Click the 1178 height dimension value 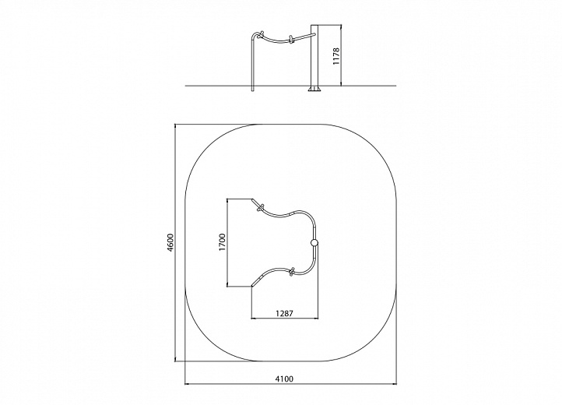(335, 56)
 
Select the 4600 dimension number (170, 242)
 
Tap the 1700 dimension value (223, 242)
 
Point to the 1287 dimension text (285, 314)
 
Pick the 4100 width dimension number (284, 379)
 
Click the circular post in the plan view (314, 243)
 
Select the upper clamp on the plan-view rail (261, 208)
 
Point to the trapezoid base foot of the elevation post (314, 89)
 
